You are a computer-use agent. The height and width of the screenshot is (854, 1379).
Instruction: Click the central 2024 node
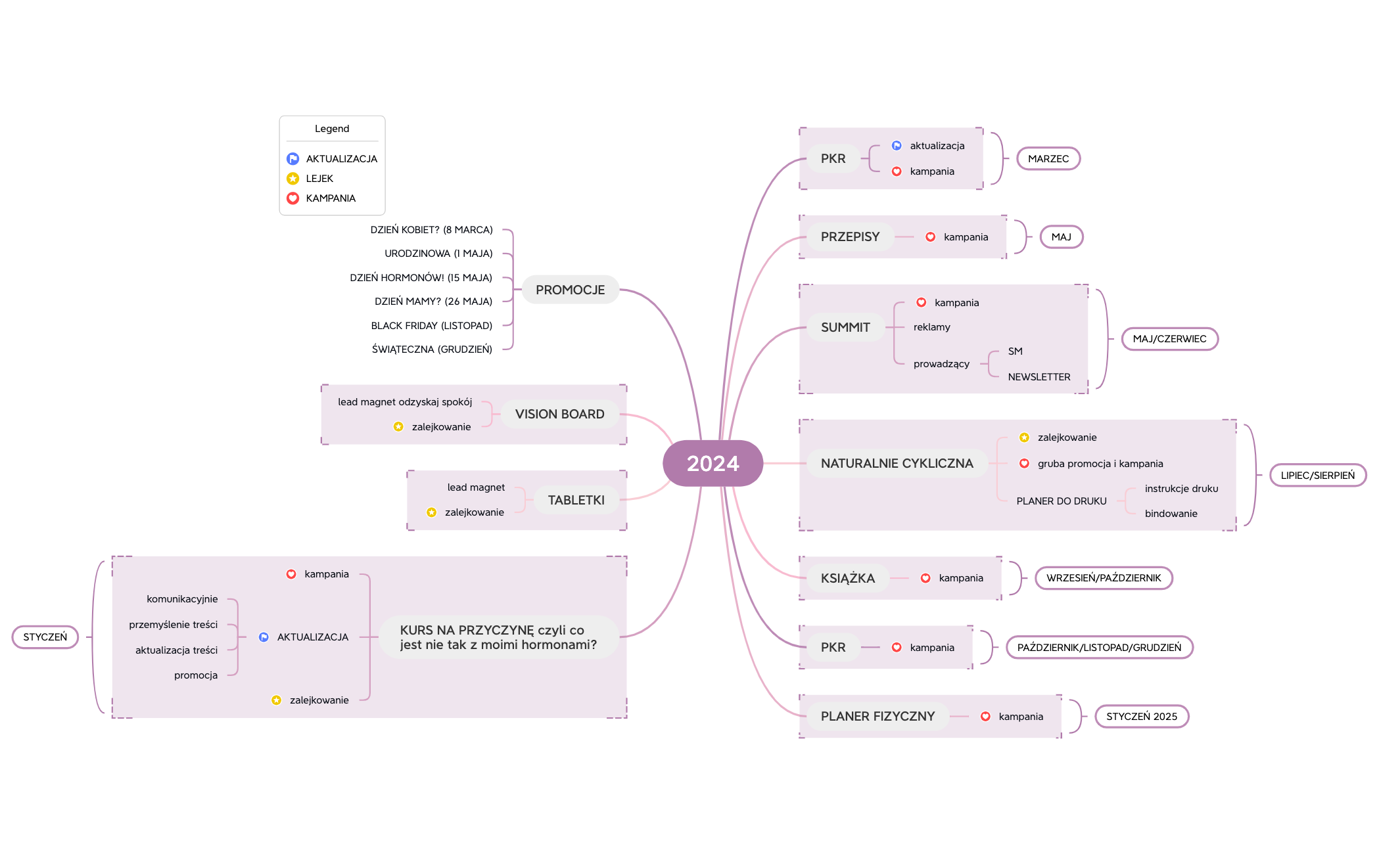[x=713, y=463]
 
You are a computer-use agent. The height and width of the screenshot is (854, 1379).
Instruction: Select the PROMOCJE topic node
[x=570, y=290]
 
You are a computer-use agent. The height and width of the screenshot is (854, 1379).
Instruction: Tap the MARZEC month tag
[x=1048, y=158]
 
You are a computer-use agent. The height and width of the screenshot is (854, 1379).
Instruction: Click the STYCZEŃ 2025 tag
[x=1141, y=716]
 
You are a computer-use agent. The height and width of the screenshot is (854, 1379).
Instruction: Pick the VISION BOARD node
[x=559, y=414]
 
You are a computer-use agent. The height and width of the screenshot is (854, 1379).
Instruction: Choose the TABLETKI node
[x=576, y=500]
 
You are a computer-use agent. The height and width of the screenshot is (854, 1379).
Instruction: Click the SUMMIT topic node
[x=845, y=327]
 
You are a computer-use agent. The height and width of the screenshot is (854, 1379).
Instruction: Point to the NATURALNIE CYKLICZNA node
[x=897, y=463]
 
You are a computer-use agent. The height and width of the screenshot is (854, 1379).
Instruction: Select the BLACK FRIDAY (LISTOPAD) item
[x=431, y=326]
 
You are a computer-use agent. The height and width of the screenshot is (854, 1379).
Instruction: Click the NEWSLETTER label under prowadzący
[x=1039, y=377]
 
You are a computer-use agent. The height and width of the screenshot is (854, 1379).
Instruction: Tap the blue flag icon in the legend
[x=293, y=159]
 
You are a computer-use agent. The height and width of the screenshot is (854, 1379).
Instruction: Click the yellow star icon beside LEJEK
[x=293, y=179]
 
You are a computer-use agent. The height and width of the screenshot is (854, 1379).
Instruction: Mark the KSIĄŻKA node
[x=847, y=578]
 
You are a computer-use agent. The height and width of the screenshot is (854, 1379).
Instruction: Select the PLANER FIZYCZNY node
[x=877, y=716]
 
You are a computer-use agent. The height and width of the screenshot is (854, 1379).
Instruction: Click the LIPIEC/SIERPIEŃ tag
[x=1317, y=475]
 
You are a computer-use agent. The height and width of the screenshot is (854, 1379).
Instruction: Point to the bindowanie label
[x=1171, y=514]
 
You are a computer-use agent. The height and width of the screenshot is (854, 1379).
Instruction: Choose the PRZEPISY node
[x=849, y=236]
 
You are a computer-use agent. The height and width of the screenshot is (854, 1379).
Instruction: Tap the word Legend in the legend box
[x=332, y=129]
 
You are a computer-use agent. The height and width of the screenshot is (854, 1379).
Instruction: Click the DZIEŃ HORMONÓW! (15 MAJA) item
[x=421, y=278]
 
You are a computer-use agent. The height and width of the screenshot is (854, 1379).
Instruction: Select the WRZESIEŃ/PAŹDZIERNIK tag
[x=1103, y=578]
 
